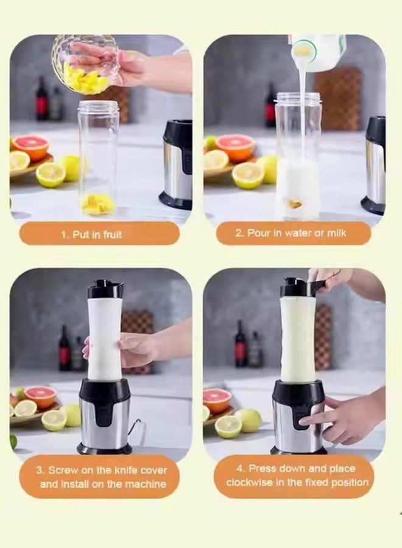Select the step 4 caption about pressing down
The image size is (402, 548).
[x=297, y=475]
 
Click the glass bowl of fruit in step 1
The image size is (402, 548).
[x=85, y=64]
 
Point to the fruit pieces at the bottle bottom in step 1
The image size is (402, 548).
[x=97, y=205]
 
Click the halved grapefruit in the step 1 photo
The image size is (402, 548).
[x=30, y=147]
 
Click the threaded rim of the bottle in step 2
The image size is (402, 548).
[x=298, y=97]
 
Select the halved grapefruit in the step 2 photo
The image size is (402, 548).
[x=234, y=147]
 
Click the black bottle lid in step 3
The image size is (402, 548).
[x=105, y=289]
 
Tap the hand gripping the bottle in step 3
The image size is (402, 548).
[x=134, y=350]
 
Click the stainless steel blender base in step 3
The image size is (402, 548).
[x=105, y=420]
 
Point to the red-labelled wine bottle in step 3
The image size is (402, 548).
[x=64, y=350]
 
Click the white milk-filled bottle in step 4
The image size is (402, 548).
[x=298, y=338]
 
